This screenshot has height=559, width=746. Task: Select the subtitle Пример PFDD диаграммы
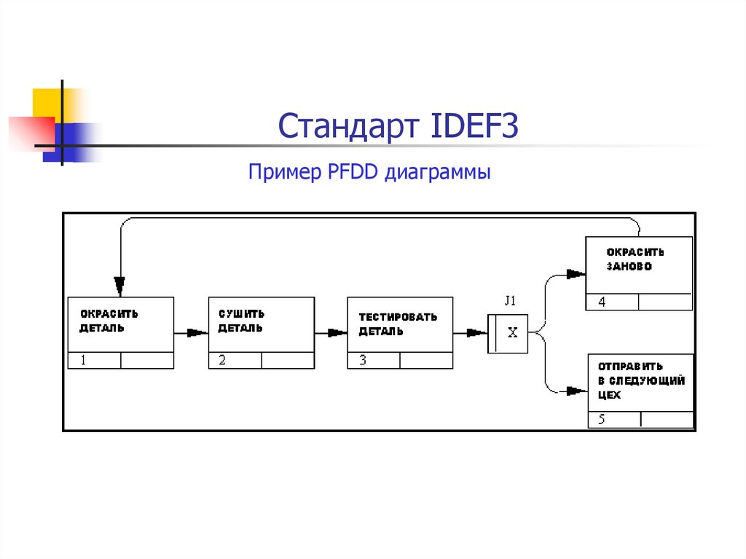coord(369,173)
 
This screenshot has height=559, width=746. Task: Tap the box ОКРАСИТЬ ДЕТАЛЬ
coord(120,324)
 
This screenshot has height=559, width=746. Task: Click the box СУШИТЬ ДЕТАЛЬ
coord(261,324)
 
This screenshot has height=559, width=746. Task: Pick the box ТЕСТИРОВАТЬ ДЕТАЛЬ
coord(400,324)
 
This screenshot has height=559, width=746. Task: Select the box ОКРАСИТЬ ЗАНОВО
coord(639,265)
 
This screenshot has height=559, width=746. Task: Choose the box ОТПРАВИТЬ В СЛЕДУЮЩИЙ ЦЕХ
coord(640,382)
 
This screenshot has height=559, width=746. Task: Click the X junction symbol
coord(512,333)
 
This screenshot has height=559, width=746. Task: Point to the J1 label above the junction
coord(511,300)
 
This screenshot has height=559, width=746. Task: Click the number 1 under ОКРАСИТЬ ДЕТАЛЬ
coord(82,360)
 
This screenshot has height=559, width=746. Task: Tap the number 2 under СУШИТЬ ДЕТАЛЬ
coord(222,360)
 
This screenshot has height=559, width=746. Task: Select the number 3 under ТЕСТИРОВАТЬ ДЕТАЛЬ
coord(361,360)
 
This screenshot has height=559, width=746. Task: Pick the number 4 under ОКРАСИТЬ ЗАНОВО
coord(601,302)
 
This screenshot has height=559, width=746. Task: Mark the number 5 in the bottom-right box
coord(601,420)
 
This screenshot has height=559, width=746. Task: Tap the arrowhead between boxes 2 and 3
coord(337,333)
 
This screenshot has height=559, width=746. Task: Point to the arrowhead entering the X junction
coord(477,333)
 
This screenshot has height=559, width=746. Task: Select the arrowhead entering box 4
coord(577,274)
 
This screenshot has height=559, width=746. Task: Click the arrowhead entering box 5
coord(578,391)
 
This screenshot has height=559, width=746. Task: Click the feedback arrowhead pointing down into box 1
coord(119,285)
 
